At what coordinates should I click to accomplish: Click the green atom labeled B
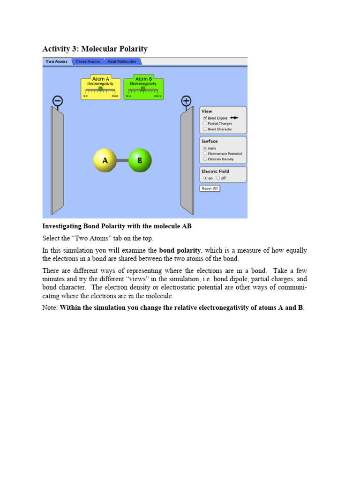[x=140, y=160]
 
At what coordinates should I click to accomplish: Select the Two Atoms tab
[x=56, y=61]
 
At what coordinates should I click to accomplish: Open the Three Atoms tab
[x=88, y=61]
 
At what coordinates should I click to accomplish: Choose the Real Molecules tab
[x=122, y=61]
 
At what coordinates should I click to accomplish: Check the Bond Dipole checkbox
[x=205, y=118]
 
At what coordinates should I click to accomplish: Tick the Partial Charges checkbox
[x=205, y=124]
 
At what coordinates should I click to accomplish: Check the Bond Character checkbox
[x=205, y=129]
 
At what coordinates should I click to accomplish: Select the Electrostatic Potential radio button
[x=205, y=154]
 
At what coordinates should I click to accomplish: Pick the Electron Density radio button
[x=205, y=159]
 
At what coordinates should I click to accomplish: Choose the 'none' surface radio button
[x=205, y=148]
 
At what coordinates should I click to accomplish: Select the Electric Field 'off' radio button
[x=218, y=178]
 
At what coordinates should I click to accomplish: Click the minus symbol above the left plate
[x=58, y=101]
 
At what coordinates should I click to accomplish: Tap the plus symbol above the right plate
[x=186, y=101]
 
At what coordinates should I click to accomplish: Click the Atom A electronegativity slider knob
[x=100, y=88]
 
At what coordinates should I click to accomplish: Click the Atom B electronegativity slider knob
[x=143, y=88]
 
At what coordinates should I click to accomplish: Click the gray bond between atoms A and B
[x=122, y=160]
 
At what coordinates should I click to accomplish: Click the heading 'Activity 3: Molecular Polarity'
[x=95, y=49]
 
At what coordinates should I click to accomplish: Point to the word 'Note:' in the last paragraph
[x=50, y=308]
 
